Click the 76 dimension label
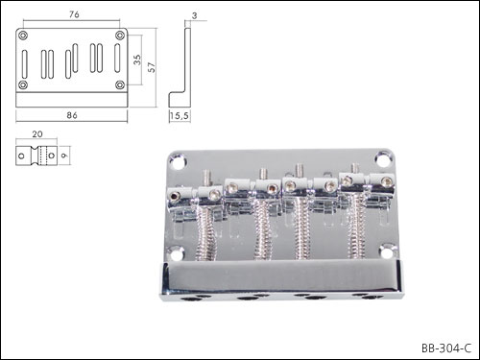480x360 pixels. pos(74,14)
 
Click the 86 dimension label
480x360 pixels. pos(72,115)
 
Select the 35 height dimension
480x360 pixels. pos(137,60)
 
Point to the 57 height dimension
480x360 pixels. pos(152,67)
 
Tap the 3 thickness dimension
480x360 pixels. pos(195,15)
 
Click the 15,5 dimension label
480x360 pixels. pos(180,115)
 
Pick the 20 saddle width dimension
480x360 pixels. pos(37,134)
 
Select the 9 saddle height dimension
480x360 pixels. pos(64,156)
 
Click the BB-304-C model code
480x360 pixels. pos(446,348)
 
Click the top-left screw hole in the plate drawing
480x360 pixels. pos(23,36)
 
